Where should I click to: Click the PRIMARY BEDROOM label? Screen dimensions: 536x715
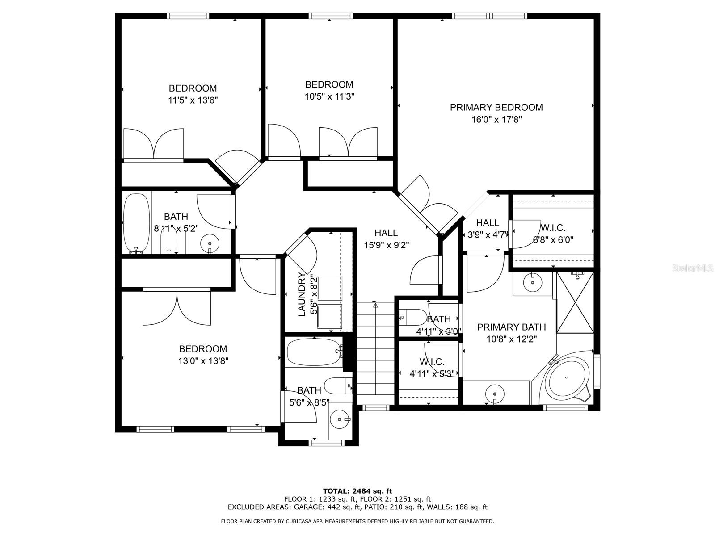(x=496, y=107)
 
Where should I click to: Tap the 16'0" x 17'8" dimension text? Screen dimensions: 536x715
(x=496, y=119)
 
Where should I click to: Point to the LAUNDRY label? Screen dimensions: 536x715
(x=302, y=294)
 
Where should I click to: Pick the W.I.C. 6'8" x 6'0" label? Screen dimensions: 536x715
(x=553, y=227)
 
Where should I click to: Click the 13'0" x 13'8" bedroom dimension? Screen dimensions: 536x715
(x=203, y=361)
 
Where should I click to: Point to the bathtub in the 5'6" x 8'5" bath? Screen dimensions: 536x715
(x=313, y=352)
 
